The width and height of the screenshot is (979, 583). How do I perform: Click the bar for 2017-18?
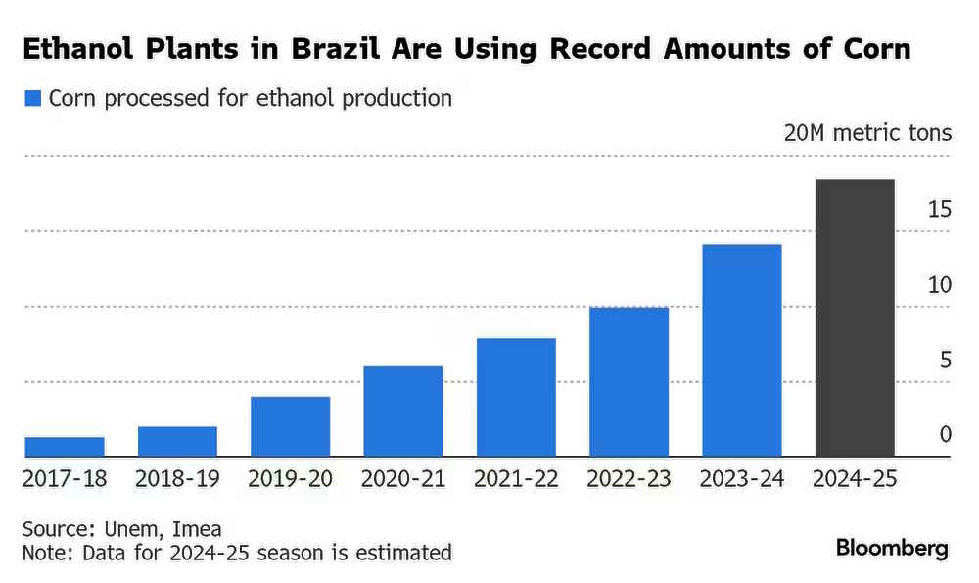coord(65,447)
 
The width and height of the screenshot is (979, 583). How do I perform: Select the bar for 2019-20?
coord(291,427)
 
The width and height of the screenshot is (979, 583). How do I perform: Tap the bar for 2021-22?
coord(516,398)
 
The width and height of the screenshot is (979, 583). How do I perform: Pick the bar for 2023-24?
coord(742,351)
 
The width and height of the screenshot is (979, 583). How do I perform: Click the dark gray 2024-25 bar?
coord(855,318)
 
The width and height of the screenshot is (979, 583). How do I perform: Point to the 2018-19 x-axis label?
coord(177,479)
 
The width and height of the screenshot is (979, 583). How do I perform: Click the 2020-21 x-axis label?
coord(403,479)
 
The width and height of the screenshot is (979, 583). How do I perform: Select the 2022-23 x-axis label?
coord(629,479)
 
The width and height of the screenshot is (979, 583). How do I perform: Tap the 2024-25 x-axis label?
coord(855,479)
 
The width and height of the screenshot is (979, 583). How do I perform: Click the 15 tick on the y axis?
coord(940,209)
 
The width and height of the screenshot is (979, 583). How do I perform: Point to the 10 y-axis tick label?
coord(940,285)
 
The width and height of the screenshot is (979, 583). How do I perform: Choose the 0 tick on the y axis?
coord(946,434)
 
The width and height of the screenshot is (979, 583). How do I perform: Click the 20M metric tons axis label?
coord(867,133)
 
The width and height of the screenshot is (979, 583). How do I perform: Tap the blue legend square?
coord(33,98)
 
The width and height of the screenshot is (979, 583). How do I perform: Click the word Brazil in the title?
coord(335,49)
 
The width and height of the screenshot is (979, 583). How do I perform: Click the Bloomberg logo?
coord(892,548)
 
